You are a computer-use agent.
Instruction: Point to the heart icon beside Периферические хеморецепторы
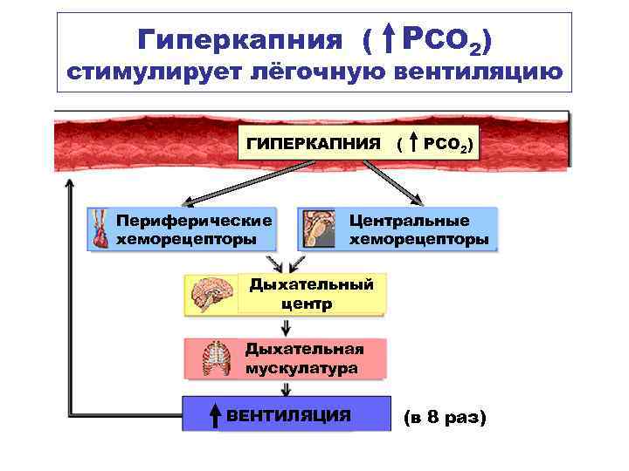[101, 229]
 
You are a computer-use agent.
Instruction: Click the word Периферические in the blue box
[194, 221]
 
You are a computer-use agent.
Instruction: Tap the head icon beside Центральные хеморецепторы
[320, 229]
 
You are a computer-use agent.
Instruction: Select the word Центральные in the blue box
[409, 221]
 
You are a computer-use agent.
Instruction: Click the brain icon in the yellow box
[211, 294]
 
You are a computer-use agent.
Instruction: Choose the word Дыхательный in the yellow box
[311, 284]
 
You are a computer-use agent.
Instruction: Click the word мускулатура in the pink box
[301, 369]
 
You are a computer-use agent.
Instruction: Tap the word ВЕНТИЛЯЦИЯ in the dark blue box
[289, 416]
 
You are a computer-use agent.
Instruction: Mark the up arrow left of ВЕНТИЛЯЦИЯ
[215, 416]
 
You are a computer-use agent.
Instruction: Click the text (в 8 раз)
[444, 418]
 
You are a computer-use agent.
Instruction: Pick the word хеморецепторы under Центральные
[418, 239]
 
